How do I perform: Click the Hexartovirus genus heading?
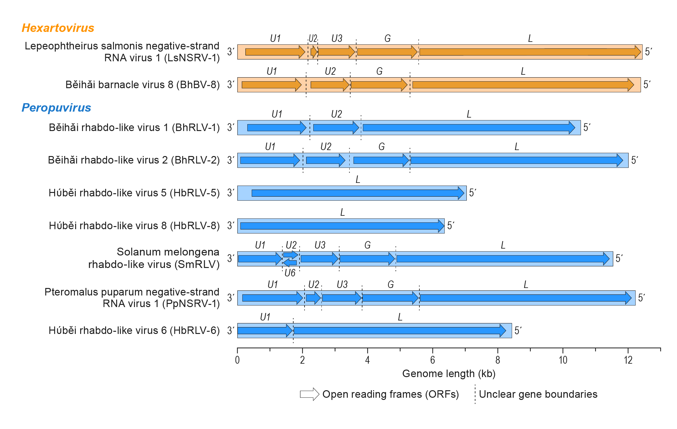click(x=58, y=28)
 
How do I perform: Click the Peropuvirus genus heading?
click(x=56, y=108)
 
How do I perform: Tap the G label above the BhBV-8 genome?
click(x=379, y=71)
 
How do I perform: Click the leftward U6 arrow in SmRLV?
click(x=290, y=263)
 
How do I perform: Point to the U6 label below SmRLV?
click(x=290, y=273)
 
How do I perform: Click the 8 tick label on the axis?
click(x=497, y=360)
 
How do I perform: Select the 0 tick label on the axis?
click(x=237, y=360)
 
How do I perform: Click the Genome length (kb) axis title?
click(x=449, y=374)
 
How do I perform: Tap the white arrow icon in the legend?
click(x=309, y=394)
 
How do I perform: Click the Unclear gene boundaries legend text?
click(x=538, y=394)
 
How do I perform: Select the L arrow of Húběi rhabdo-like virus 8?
click(x=341, y=226)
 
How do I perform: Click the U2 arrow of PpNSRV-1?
click(x=313, y=298)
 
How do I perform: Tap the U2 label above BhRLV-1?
click(x=336, y=114)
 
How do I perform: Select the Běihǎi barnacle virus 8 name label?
click(x=142, y=85)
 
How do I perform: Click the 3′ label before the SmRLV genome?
click(x=231, y=258)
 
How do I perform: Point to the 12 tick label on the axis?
click(x=628, y=360)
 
